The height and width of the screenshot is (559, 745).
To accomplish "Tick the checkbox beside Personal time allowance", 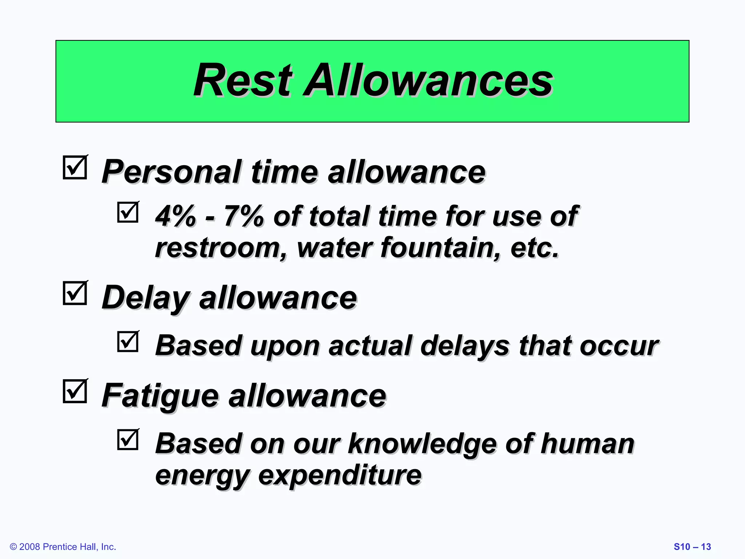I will click(75, 167).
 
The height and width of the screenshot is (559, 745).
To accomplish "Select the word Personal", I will click(171, 172).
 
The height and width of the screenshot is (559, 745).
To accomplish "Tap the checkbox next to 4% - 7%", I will click(128, 212).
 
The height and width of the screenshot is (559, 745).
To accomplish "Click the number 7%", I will click(243, 216).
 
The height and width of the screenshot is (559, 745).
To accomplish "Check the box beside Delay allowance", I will click(75, 293).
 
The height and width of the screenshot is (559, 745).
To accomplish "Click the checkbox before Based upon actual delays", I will click(128, 341).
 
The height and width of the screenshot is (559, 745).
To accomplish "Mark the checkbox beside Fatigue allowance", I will click(75, 391).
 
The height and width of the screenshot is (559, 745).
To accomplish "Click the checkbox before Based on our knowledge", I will click(128, 440).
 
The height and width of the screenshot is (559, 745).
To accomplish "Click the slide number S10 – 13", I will click(692, 547).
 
